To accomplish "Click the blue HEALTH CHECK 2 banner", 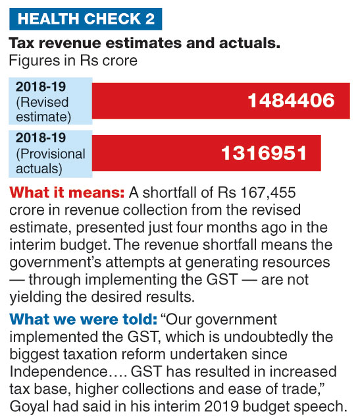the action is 86,19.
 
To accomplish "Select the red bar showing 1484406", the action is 221,101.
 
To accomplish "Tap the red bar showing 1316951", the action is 206,153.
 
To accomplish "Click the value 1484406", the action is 291,101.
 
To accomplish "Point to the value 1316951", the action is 264,154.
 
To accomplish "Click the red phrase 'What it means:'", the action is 66,192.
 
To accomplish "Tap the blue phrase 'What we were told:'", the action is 84,319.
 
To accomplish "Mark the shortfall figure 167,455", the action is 269,192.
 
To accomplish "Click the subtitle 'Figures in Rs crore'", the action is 73,61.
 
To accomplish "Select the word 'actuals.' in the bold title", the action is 250,43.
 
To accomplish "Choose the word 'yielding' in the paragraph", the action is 36,297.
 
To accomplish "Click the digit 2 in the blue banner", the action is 150,19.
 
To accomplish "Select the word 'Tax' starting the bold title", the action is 22,43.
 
